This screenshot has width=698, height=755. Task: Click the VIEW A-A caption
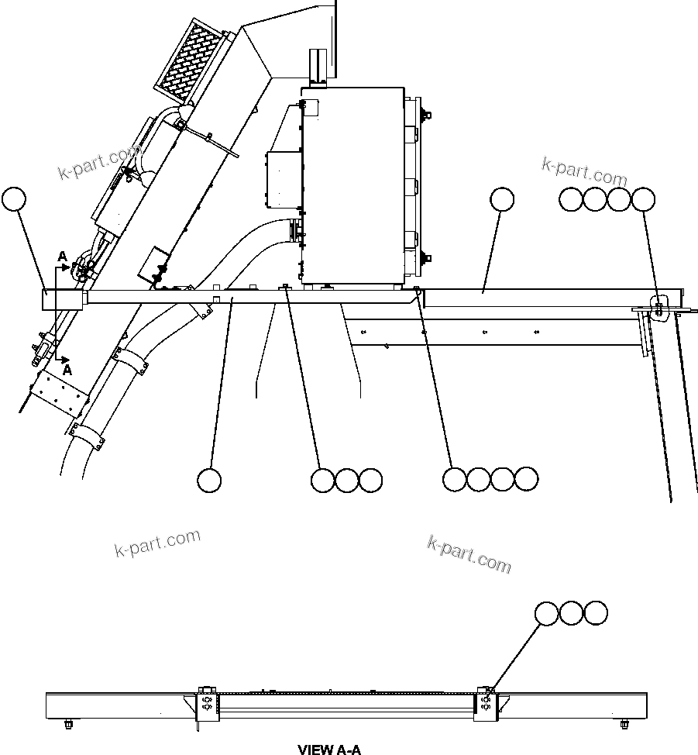[x=329, y=749]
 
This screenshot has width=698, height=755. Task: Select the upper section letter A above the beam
[x=61, y=256]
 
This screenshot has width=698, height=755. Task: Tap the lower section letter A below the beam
[x=67, y=371]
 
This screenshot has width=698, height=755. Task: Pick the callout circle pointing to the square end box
[x=13, y=199]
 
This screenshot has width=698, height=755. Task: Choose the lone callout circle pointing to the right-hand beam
[x=502, y=199]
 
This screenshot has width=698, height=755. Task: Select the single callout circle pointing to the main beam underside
[x=209, y=480]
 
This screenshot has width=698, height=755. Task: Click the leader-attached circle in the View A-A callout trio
[x=547, y=613]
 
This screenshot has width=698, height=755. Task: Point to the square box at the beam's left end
[x=62, y=298]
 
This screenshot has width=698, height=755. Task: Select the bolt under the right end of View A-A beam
[x=624, y=725]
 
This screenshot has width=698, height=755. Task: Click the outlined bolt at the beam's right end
[x=658, y=305]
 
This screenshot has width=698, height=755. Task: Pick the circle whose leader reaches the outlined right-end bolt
[x=643, y=199]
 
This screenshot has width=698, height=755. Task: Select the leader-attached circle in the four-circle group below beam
[x=455, y=479]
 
